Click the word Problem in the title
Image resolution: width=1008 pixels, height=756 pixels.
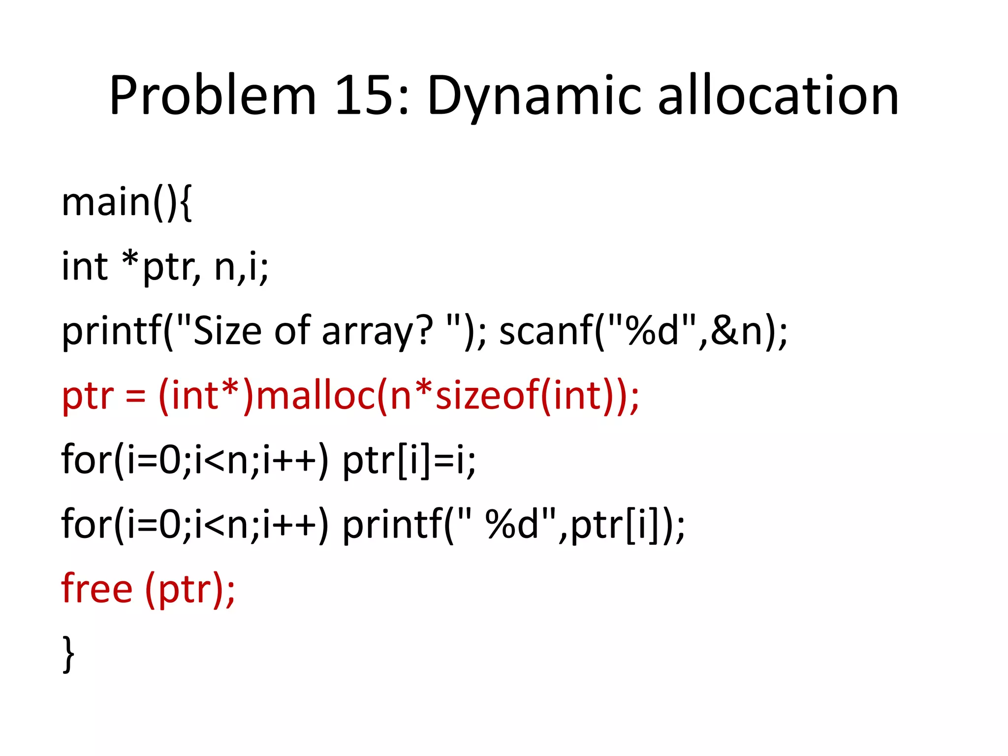tap(212, 96)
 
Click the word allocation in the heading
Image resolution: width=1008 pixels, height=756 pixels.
tap(778, 96)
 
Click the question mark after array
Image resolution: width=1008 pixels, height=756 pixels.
tap(423, 331)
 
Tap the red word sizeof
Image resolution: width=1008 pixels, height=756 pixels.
tap(487, 396)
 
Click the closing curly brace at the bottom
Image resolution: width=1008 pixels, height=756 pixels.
tap(69, 654)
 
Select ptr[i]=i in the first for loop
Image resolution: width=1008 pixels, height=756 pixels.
tap(409, 461)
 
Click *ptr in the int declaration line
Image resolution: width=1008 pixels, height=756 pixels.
tap(160, 267)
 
